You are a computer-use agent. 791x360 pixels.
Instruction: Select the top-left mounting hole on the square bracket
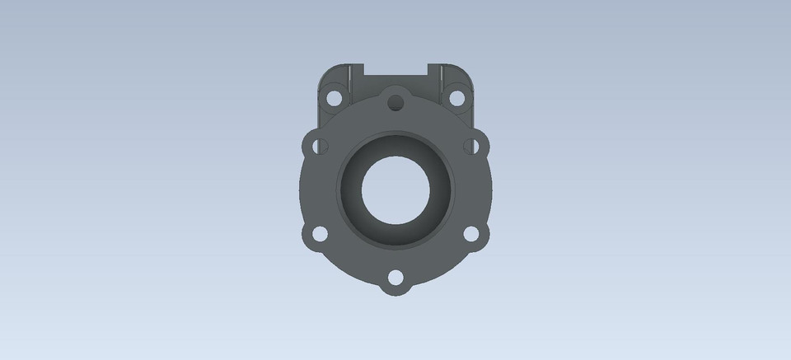334,97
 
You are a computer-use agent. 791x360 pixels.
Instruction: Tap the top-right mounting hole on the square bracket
456,97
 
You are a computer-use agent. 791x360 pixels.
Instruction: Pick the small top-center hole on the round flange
396,103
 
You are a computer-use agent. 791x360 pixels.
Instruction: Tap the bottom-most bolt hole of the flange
395,278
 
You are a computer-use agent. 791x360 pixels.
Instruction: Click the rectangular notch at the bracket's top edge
395,71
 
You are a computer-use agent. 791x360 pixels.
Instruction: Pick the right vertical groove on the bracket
442,82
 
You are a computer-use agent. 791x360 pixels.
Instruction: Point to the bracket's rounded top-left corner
324,71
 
